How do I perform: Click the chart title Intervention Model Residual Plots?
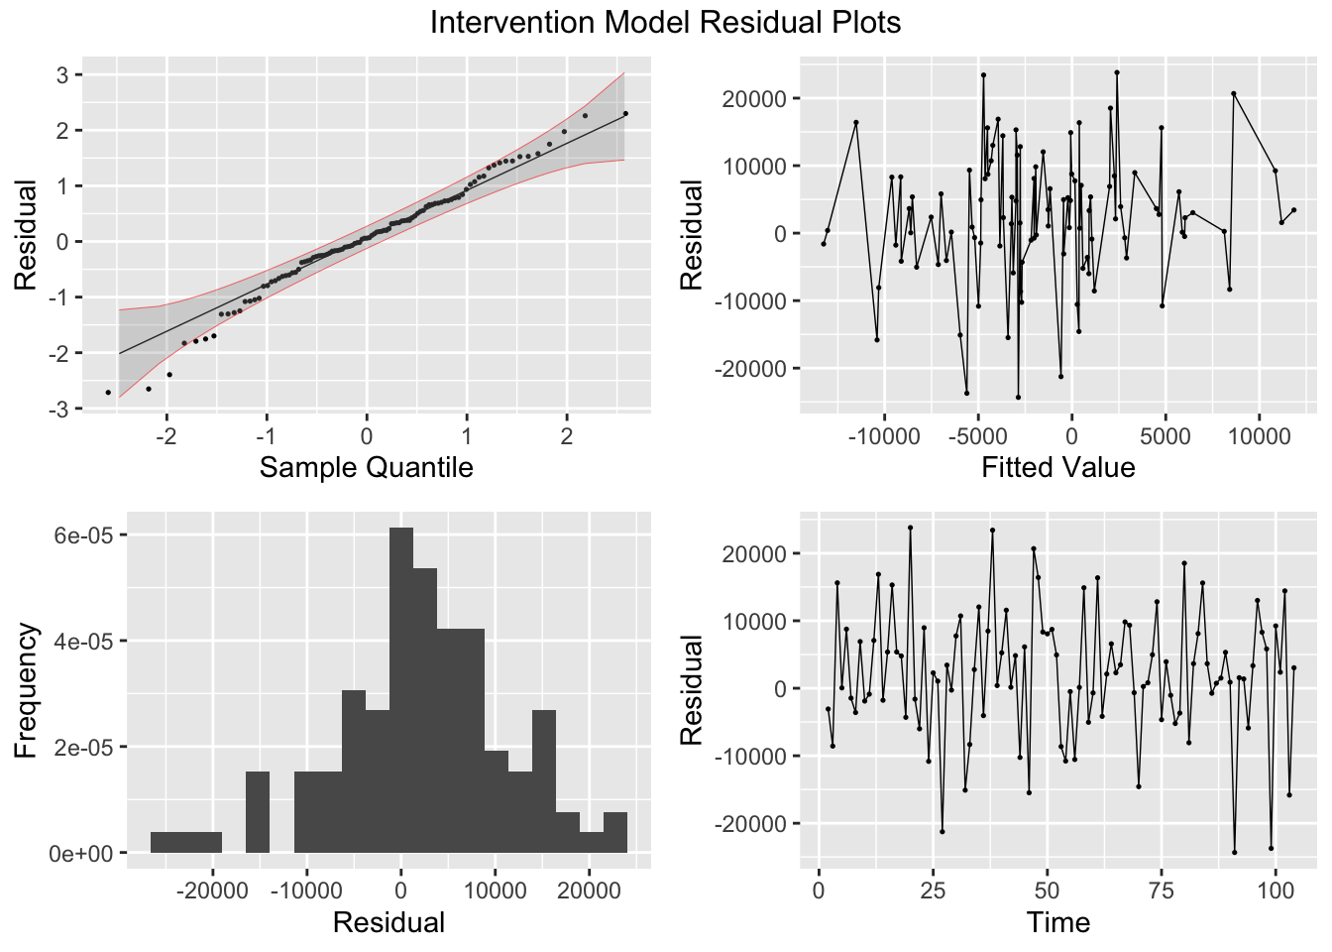click(x=665, y=22)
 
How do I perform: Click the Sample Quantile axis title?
click(x=366, y=467)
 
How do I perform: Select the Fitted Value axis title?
click(x=1057, y=467)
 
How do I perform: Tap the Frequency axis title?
click(x=26, y=690)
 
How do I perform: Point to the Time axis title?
click(x=1057, y=922)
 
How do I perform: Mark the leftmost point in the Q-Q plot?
click(x=108, y=393)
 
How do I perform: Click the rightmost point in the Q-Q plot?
click(x=625, y=113)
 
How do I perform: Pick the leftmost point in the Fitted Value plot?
click(x=824, y=244)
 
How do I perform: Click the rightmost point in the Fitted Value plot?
click(x=1293, y=210)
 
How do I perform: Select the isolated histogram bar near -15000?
click(x=258, y=812)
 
